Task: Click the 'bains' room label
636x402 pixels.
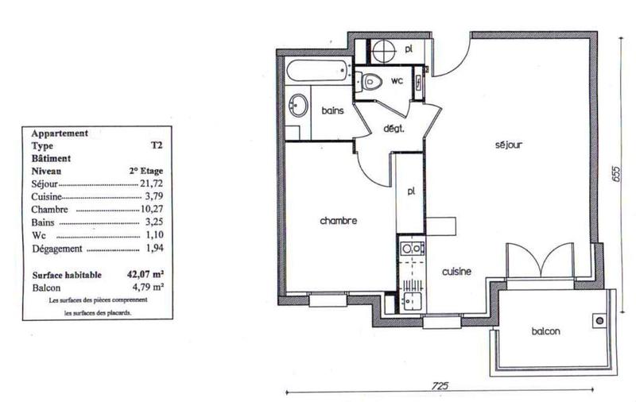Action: pos(332,111)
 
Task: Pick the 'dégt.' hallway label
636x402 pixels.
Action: pos(395,129)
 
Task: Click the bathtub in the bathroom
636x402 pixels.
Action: pos(316,72)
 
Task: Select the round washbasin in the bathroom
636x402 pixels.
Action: pos(299,105)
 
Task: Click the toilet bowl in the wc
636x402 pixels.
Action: pos(370,79)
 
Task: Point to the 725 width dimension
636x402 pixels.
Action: pos(441,385)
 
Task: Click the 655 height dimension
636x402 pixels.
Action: pos(615,176)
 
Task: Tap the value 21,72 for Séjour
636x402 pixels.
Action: pos(149,184)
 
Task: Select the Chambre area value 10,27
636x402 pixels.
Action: pos(149,210)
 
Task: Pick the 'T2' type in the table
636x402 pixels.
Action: pos(156,146)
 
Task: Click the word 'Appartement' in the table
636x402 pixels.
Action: pos(59,133)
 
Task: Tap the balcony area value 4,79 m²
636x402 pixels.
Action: pos(145,288)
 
